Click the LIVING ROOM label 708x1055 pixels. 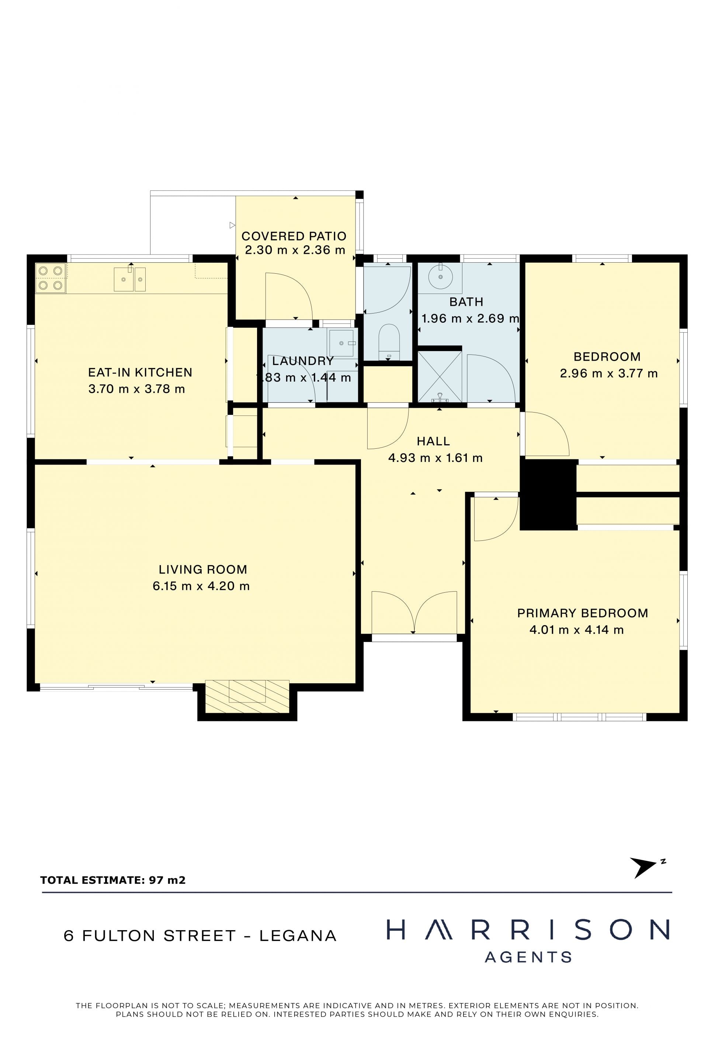point(203,569)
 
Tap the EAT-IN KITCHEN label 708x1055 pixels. point(140,372)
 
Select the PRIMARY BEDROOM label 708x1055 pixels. point(583,613)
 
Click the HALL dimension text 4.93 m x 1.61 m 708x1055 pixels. point(435,458)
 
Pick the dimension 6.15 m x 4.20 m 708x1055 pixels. point(201,586)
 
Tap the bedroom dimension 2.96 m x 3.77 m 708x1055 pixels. point(609,373)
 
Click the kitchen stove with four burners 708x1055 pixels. point(51,278)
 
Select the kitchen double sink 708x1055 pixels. point(129,279)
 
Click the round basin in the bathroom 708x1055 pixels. point(440,277)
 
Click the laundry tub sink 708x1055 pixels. point(342,343)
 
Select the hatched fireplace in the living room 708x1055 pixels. point(247,697)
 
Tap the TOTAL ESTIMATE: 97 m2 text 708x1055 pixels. point(113,880)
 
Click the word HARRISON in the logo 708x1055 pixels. point(528,930)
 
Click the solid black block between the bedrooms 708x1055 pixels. point(548,494)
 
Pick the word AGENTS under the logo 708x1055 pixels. point(528,957)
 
